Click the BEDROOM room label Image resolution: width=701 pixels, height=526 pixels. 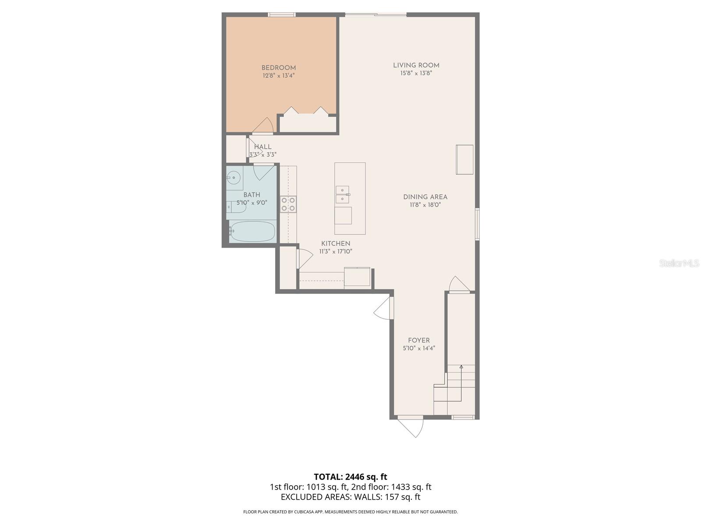[279, 68]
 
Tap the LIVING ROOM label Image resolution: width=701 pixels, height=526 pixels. [416, 65]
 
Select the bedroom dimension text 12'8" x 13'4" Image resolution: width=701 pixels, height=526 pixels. [279, 76]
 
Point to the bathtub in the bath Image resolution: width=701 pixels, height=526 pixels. [252, 231]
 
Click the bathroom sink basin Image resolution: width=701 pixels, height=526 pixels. [234, 178]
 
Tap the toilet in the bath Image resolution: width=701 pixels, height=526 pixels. [236, 207]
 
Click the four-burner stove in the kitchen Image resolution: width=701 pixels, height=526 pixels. [288, 204]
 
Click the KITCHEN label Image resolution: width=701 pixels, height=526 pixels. [336, 244]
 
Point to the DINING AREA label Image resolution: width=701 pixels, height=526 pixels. [425, 197]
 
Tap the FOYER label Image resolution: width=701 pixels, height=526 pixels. [418, 341]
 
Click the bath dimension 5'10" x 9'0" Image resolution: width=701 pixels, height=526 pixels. [252, 203]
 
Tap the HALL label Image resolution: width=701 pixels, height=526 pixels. [263, 147]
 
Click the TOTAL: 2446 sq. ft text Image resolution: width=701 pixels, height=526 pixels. [350, 477]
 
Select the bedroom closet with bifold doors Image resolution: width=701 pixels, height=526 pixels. [308, 123]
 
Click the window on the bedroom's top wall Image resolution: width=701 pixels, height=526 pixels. [282, 15]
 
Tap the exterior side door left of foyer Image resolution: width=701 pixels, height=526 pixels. [383, 309]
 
